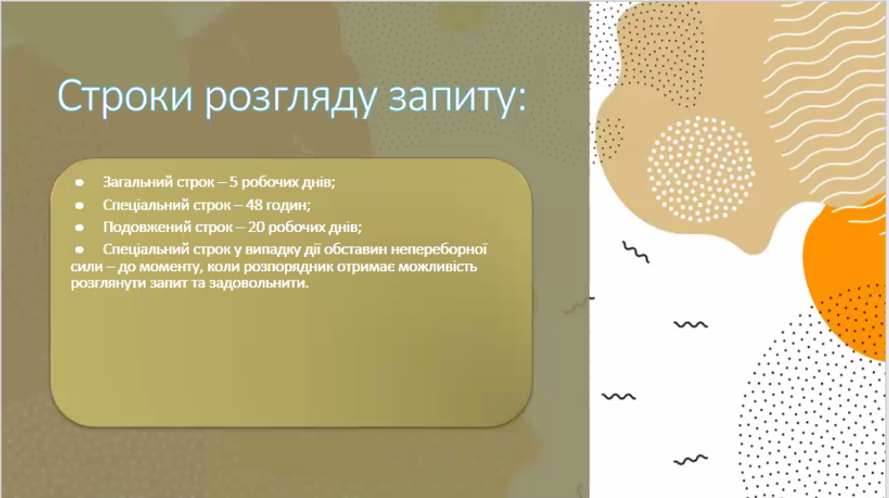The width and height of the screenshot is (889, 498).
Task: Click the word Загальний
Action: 138,182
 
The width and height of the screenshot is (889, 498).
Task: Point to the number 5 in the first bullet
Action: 233,182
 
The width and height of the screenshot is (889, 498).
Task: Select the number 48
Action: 254,204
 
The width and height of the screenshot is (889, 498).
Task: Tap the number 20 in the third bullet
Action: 256,228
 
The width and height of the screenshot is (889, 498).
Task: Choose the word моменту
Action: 171,267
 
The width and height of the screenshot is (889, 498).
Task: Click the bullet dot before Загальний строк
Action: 80,182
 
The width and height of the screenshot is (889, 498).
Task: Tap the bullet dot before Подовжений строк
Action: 80,228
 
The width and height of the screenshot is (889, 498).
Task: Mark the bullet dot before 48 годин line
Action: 80,205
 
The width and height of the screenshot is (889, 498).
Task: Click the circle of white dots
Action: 700,169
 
